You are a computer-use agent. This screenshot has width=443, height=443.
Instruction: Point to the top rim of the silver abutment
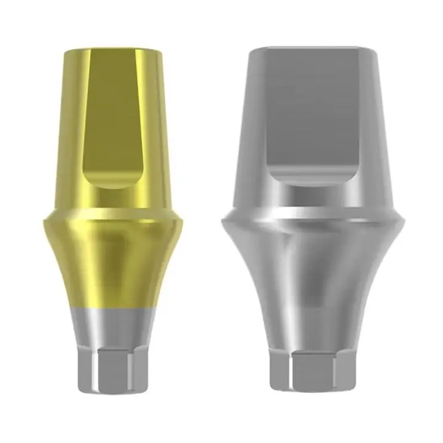[x=314, y=48]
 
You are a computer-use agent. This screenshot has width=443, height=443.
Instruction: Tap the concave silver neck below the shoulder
[x=314, y=271]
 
